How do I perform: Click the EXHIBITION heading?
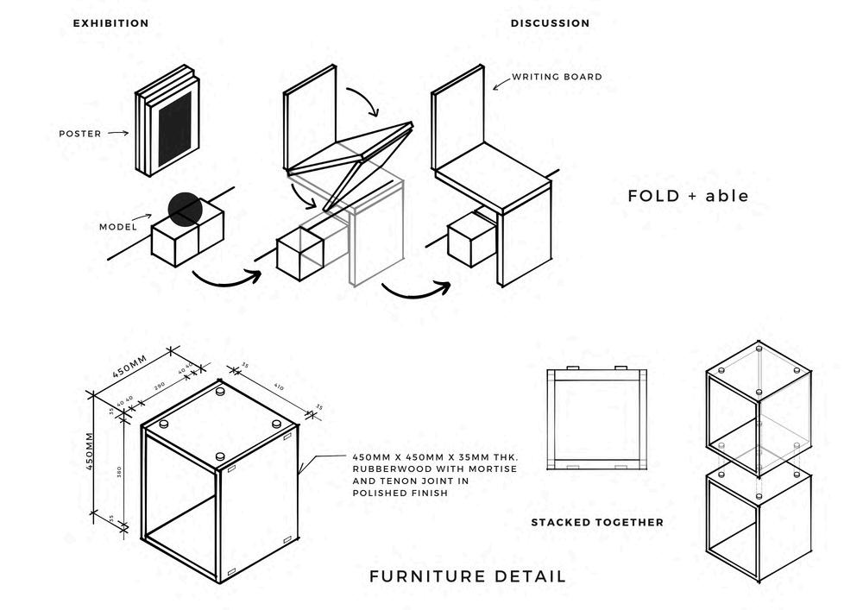pos(110,23)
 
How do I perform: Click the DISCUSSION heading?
pos(551,23)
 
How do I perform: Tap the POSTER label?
pos(79,134)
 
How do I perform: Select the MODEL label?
pos(118,228)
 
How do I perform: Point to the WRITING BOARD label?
pos(557,77)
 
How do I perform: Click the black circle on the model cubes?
pos(185,210)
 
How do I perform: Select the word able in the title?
pos(727,196)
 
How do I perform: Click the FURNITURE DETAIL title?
pos(468,576)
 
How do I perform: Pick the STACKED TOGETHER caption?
pos(597,522)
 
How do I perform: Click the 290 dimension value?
pos(159,386)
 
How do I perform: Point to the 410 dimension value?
pos(278,387)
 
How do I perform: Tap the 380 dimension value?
pos(117,471)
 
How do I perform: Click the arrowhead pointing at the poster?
pos(127,133)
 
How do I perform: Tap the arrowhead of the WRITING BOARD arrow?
pos(494,87)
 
